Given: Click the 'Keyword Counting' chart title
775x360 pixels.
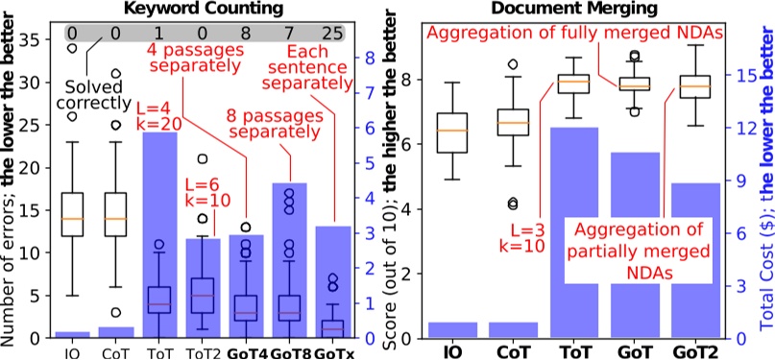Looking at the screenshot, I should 197,9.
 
